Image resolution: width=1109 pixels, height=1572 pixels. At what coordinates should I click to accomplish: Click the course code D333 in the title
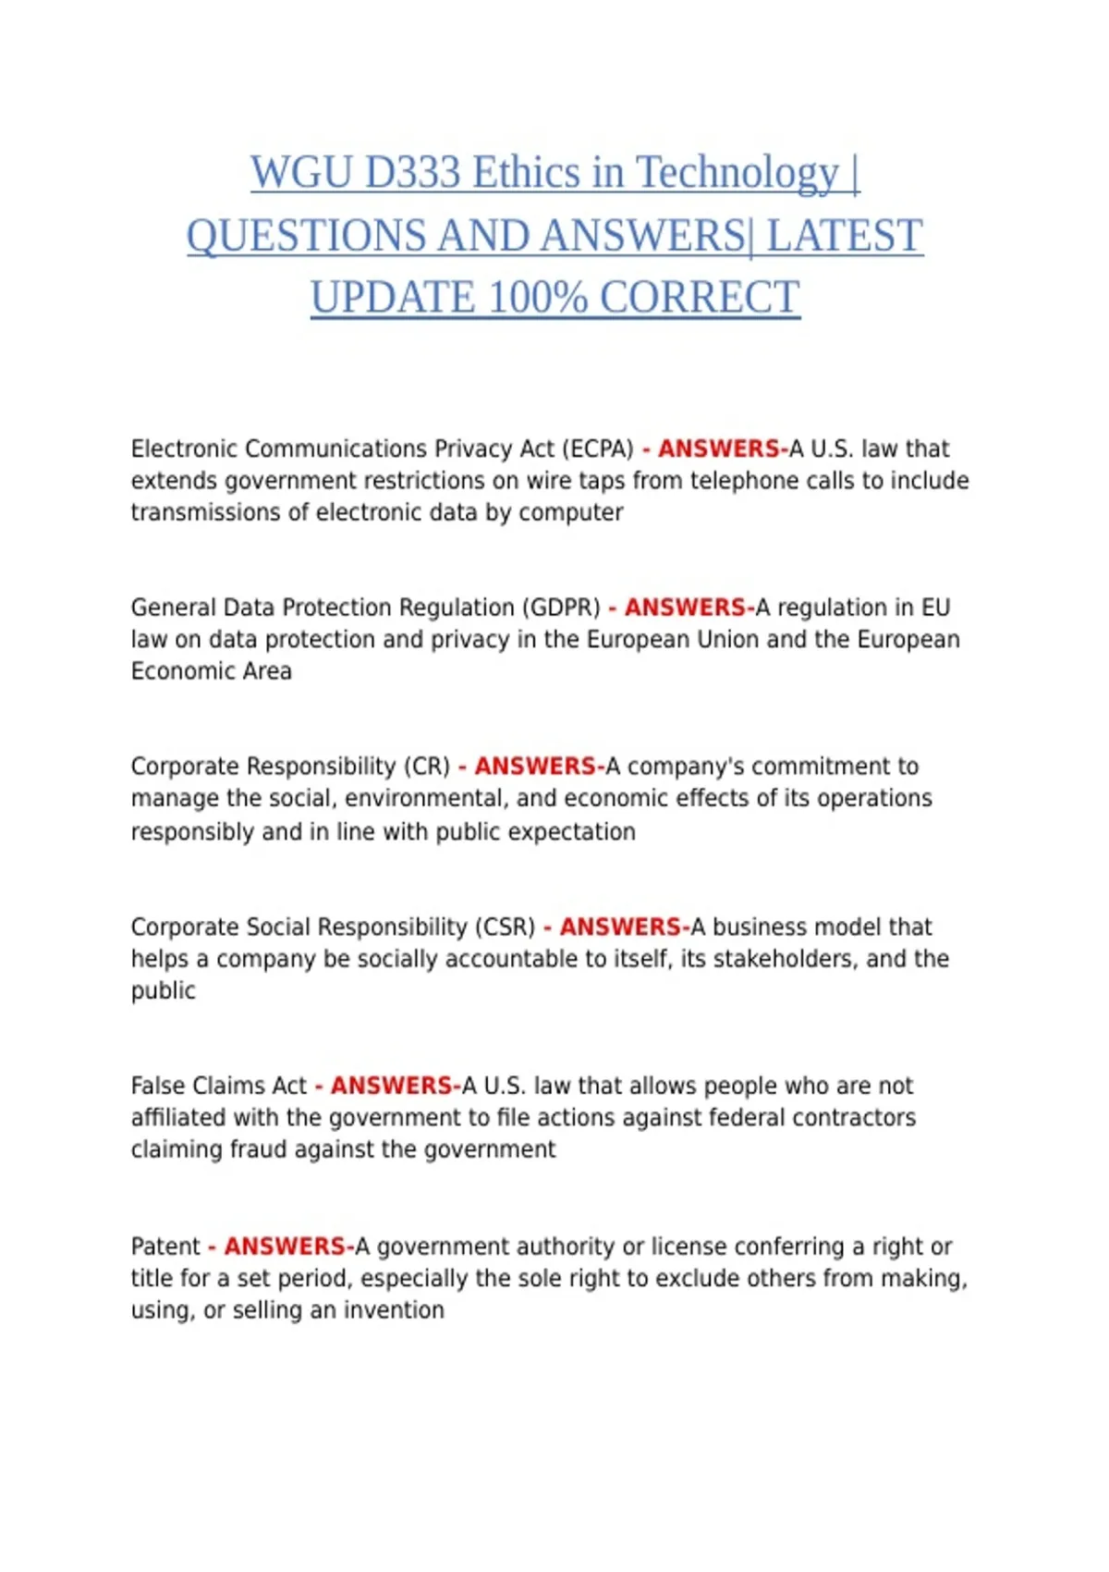click(412, 173)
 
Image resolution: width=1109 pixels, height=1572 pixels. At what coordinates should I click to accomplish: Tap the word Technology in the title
click(737, 173)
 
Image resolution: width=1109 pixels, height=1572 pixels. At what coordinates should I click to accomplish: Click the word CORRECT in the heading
click(700, 298)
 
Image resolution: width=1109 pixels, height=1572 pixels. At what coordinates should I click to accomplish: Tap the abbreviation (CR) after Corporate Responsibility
click(426, 768)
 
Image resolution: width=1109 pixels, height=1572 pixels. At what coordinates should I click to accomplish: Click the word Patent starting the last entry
click(165, 1247)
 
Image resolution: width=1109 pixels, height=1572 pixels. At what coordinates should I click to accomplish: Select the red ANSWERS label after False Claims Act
click(391, 1087)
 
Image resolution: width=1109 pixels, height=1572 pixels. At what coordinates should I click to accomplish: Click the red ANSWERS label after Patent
click(285, 1247)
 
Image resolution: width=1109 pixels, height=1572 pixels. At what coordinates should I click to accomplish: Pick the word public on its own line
click(163, 991)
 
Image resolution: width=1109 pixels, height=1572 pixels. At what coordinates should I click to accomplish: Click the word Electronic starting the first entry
click(184, 449)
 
